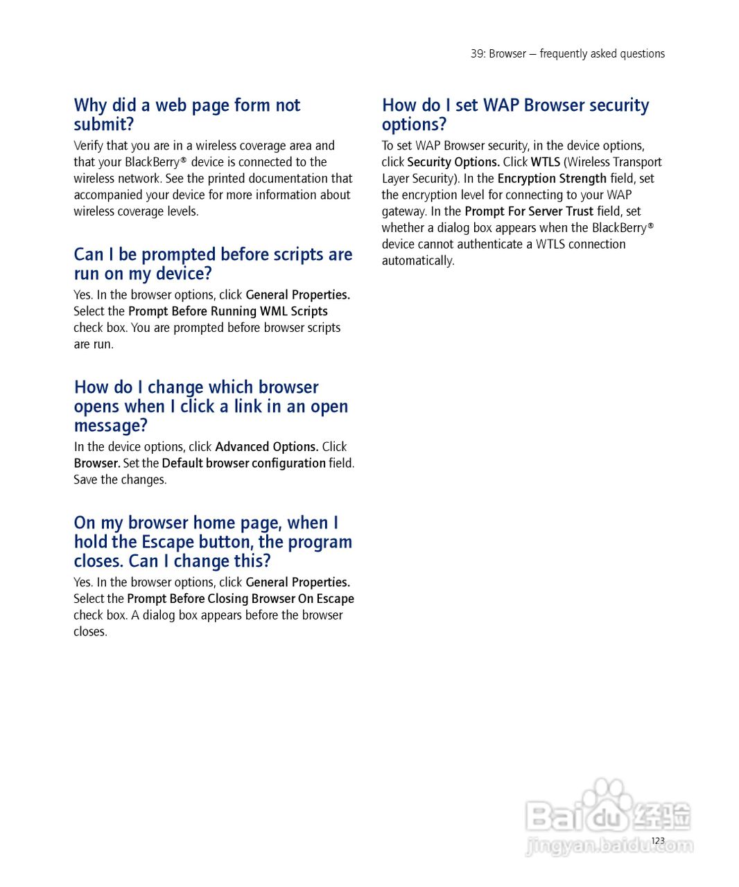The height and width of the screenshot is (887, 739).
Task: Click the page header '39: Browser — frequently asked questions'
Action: click(x=567, y=54)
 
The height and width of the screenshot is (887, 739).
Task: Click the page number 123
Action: click(x=658, y=841)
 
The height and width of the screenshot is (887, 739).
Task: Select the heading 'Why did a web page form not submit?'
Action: click(x=187, y=114)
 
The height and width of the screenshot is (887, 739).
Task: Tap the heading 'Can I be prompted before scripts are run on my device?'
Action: click(x=213, y=264)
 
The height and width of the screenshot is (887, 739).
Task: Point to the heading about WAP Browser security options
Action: click(x=515, y=114)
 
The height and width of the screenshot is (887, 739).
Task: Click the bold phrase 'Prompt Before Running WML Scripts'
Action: click(x=228, y=311)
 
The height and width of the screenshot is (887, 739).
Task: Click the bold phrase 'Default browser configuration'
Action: click(x=243, y=463)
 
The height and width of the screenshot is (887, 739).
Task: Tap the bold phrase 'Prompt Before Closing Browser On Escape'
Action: click(x=241, y=599)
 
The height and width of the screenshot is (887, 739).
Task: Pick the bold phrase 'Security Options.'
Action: click(x=453, y=162)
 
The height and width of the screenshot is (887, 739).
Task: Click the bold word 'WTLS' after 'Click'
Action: click(x=546, y=162)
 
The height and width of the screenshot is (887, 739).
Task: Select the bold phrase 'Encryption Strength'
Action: click(x=552, y=179)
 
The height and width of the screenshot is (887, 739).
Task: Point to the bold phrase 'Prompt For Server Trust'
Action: click(x=529, y=211)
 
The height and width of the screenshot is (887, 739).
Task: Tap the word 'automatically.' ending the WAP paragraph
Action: click(x=418, y=261)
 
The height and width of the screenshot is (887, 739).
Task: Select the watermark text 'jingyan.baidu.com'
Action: click(x=609, y=845)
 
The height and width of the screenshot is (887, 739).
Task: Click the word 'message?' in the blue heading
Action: click(x=111, y=425)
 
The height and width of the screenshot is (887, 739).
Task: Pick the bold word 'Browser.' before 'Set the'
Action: click(x=97, y=463)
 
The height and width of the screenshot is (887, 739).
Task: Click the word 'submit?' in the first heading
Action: click(x=104, y=125)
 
